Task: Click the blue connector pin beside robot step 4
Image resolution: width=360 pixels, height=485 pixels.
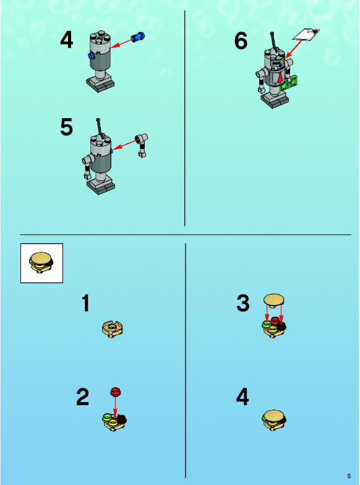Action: [139, 37]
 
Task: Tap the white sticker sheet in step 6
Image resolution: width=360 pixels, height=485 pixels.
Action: [306, 35]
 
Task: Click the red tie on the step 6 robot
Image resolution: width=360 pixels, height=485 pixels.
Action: [280, 77]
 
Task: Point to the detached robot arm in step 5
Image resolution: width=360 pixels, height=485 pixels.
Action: [142, 145]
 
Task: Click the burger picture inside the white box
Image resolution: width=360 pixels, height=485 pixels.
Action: [41, 263]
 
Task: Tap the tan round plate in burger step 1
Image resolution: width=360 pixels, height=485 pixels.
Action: [113, 329]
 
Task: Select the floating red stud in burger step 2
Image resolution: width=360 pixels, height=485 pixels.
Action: [115, 392]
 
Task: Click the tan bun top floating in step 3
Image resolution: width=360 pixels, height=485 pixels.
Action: [273, 301]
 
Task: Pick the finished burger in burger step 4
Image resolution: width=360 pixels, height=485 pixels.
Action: [274, 419]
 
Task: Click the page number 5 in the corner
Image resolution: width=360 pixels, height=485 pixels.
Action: [349, 476]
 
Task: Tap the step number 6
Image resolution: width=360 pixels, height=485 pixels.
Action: [241, 41]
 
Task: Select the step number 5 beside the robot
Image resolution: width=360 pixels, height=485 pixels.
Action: [67, 127]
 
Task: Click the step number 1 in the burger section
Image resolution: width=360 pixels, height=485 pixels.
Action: [86, 303]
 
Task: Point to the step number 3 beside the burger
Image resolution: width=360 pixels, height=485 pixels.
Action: [242, 303]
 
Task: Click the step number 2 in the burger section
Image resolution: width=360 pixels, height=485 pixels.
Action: [83, 397]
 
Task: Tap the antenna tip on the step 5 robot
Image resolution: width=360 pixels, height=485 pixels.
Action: [98, 120]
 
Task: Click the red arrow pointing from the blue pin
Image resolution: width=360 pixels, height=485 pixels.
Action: [121, 43]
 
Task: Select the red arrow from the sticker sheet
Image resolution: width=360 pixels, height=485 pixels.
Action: [294, 48]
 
